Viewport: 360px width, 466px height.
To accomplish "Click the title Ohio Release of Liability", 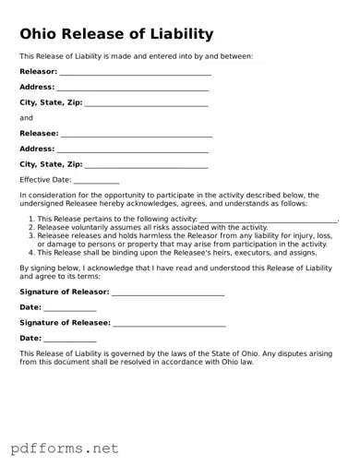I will tap(116, 35).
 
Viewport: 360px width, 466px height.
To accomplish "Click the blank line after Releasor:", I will tap(135, 73).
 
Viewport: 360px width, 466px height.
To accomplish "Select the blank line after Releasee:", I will tap(136, 135).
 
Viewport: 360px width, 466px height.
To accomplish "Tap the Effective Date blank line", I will tap(96, 181).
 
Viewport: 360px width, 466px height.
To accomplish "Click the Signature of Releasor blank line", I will tap(167, 293).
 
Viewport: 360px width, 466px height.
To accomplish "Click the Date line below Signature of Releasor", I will tap(70, 309).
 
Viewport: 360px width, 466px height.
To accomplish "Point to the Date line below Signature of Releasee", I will tap(70, 341).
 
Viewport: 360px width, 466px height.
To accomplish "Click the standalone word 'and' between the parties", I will tap(26, 118).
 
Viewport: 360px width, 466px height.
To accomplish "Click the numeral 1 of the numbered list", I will tap(30, 219).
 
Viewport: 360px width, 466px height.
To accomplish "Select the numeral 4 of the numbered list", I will tap(30, 251).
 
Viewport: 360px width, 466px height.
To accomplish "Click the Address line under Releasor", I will tap(132, 89).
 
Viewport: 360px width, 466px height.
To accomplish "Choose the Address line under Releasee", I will tap(132, 150).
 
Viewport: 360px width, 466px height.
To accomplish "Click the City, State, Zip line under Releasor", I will tap(146, 104).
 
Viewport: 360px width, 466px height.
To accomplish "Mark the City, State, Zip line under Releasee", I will tap(146, 166).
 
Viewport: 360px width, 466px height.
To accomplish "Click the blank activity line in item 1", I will tap(268, 221).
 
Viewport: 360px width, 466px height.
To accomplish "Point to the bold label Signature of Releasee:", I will tap(65, 323).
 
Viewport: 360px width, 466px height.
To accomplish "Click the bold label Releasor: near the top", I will tap(38, 71).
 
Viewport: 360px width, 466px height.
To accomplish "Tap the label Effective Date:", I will tap(45, 180).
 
